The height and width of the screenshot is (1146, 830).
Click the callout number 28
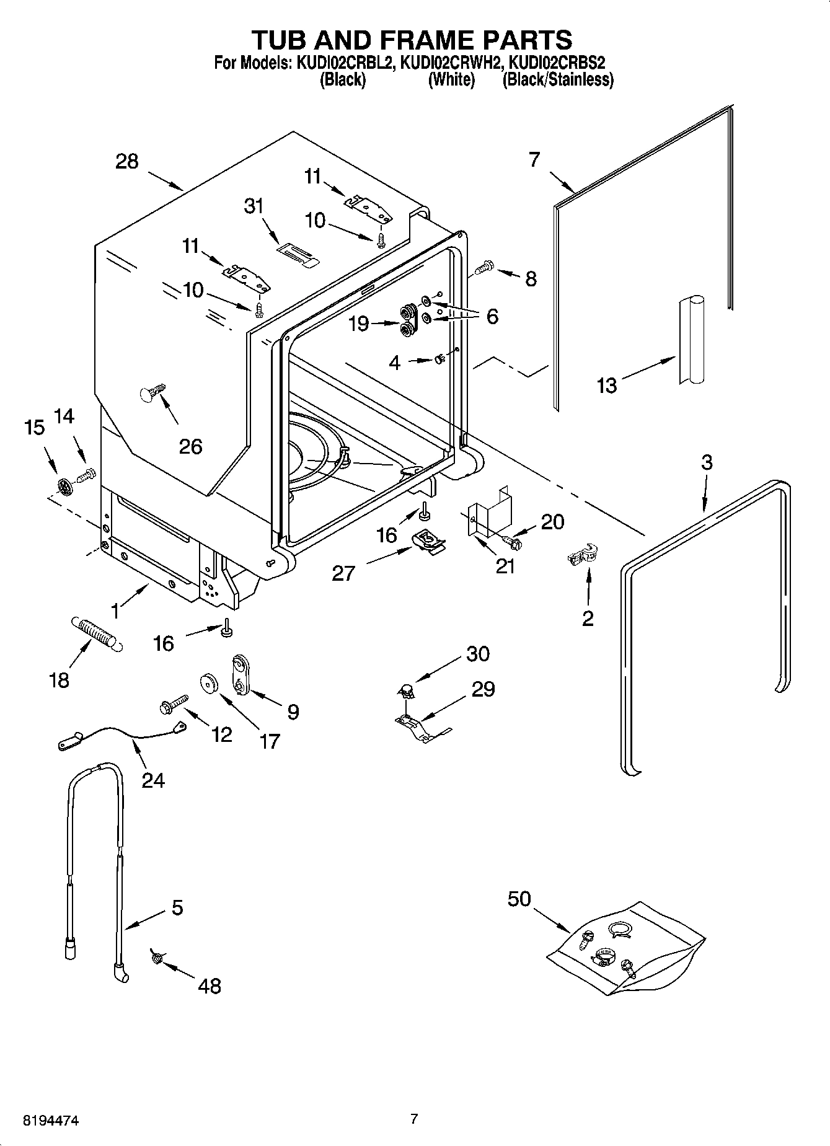coord(127,162)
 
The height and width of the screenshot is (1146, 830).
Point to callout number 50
coord(519,898)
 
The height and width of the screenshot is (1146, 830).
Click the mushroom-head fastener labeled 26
coord(151,392)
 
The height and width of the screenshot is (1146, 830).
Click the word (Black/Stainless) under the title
coord(557,80)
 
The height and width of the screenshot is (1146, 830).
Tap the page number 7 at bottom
coord(414,1119)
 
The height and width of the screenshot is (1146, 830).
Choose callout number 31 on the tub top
coord(254,206)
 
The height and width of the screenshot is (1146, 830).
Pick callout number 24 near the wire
coord(152,780)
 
